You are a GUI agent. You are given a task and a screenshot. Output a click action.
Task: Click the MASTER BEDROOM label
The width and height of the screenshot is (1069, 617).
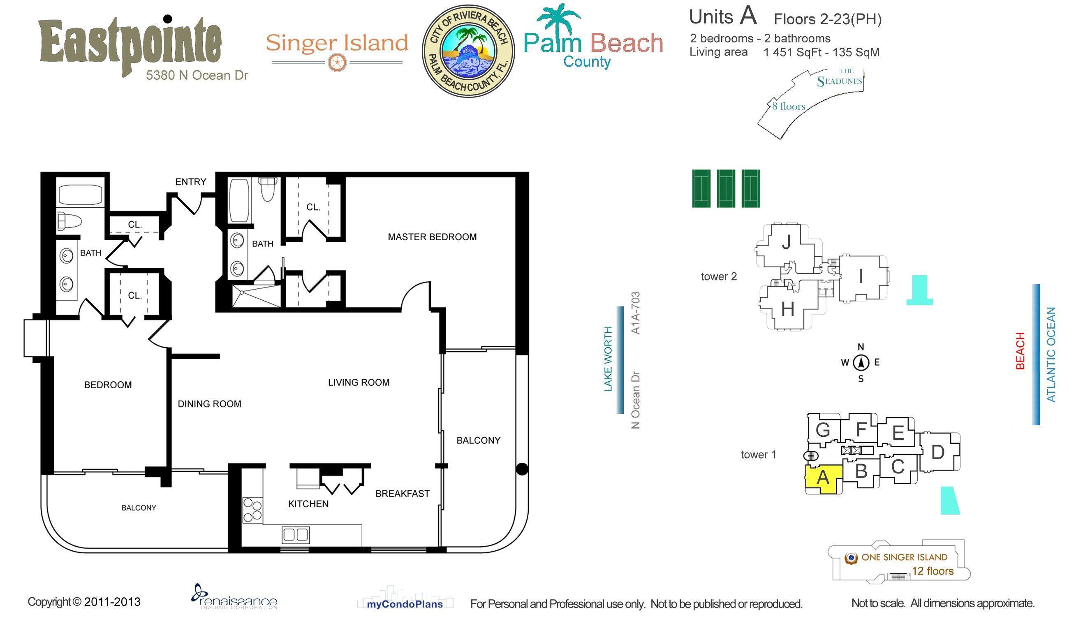432,237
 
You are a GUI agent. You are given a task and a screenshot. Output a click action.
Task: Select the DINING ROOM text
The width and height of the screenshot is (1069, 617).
209,404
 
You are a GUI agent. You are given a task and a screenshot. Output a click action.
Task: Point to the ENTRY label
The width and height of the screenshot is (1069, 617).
191,182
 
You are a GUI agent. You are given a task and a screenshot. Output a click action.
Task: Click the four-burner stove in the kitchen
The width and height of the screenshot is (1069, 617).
252,510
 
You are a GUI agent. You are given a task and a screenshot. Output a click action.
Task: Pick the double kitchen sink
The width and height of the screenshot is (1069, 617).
295,534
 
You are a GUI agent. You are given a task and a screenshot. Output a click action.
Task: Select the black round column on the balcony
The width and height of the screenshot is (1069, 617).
522,469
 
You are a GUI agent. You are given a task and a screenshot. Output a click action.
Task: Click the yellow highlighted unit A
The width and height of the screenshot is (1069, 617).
822,479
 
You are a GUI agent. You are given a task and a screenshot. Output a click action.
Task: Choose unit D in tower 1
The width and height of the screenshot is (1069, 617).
938,452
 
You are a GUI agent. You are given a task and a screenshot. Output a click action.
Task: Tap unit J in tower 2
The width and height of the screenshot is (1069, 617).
786,243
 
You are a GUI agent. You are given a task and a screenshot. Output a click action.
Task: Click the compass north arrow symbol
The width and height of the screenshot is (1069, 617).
861,363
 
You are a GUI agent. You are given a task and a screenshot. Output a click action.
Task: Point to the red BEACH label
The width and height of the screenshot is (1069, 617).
1020,351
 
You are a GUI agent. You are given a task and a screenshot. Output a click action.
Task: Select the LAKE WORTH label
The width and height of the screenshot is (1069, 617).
608,359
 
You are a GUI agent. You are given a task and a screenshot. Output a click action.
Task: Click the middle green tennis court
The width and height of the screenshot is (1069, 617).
726,188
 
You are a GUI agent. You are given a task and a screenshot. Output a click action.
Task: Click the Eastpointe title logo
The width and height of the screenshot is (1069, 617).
130,44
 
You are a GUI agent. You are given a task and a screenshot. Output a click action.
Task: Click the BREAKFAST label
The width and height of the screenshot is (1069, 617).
403,494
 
